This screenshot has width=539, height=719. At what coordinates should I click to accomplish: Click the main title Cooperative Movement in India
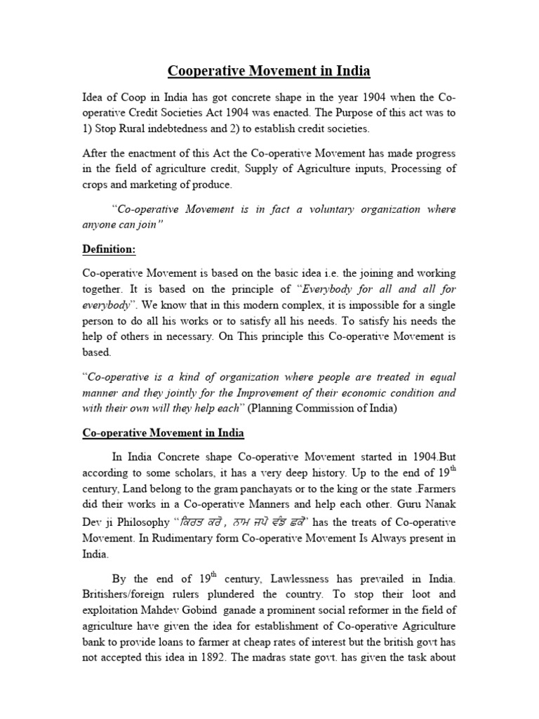pyautogui.click(x=269, y=72)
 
